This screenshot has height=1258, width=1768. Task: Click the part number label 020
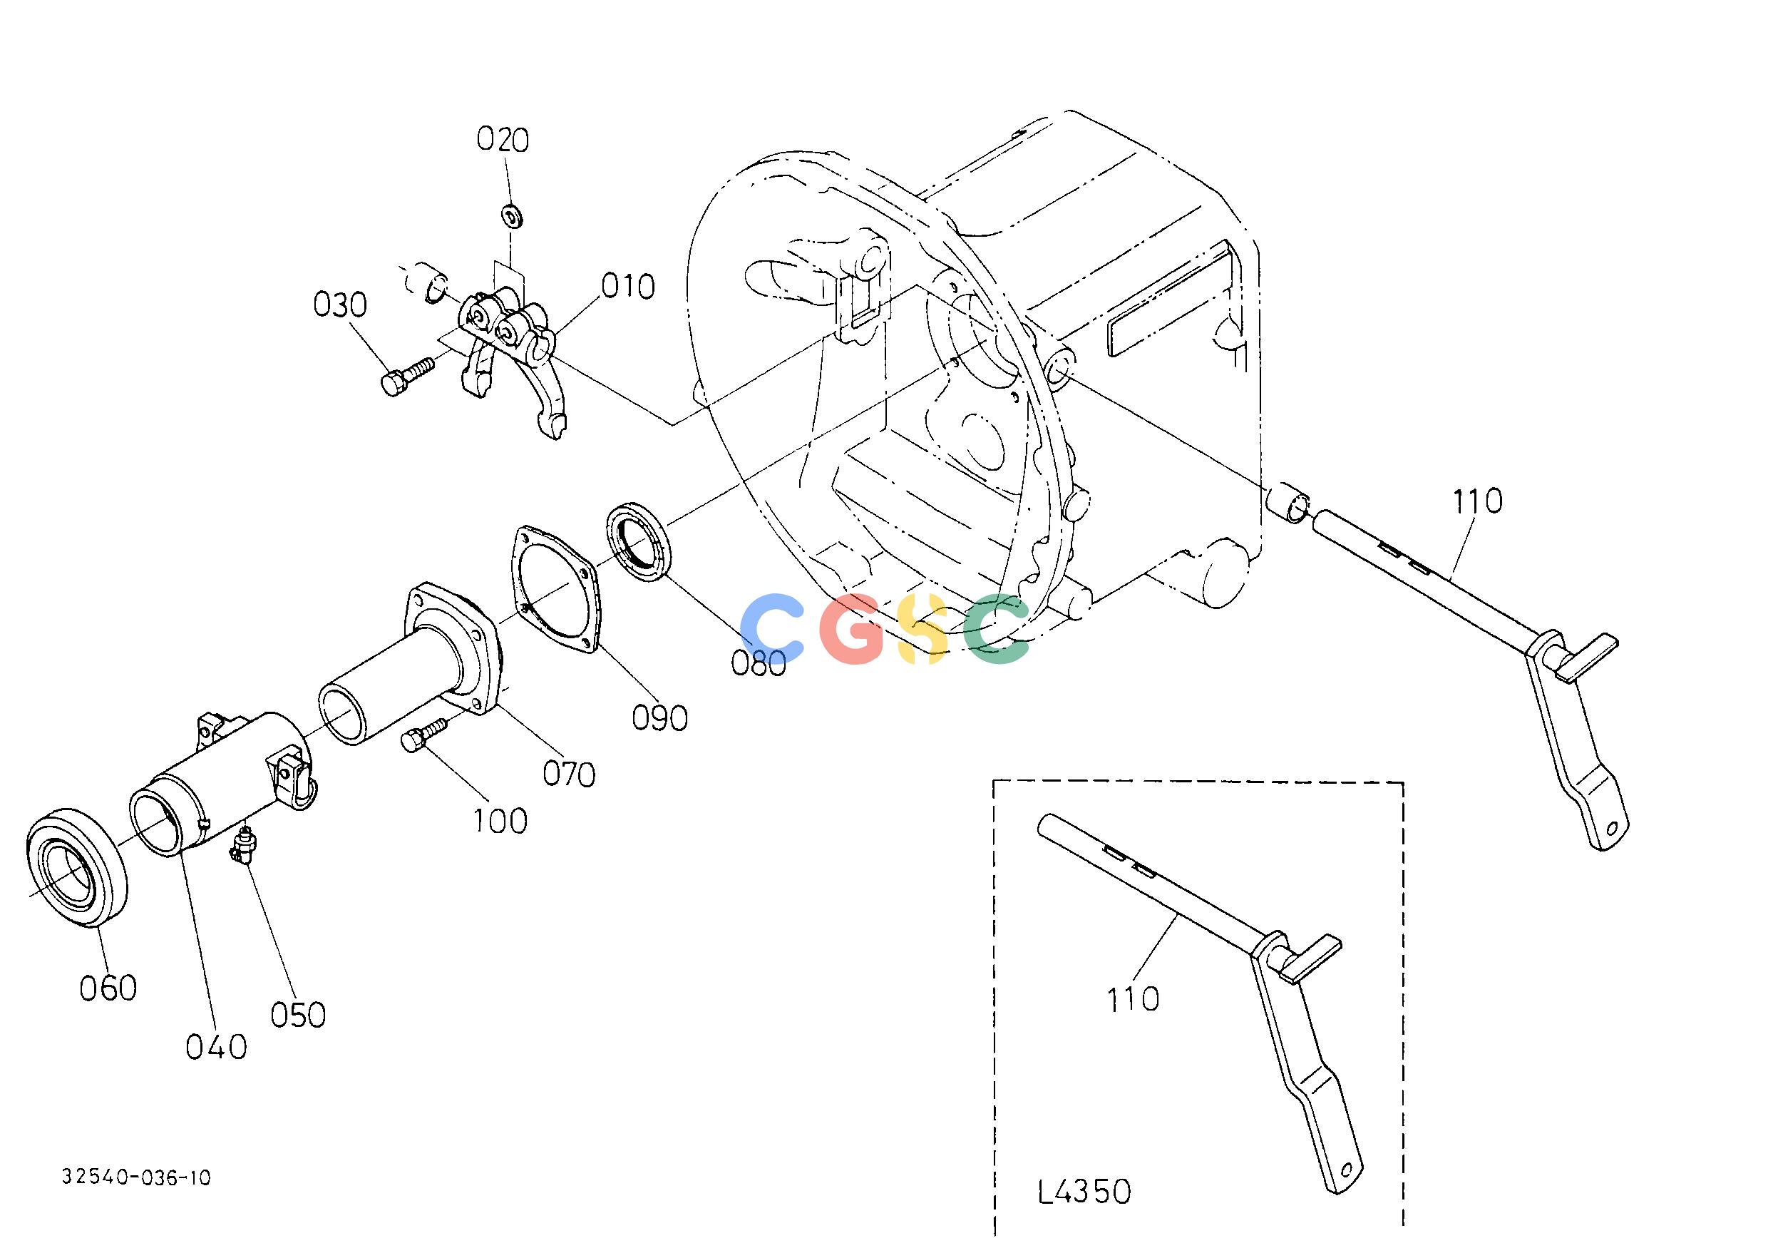[x=503, y=140]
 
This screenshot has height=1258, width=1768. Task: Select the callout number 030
[x=340, y=305]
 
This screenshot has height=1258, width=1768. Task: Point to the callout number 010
[x=628, y=287]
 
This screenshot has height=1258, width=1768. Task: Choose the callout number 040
[x=216, y=1048]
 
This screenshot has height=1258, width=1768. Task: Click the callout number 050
[x=298, y=1015]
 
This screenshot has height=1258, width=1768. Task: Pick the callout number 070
[x=568, y=774]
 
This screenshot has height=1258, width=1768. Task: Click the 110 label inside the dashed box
[x=1133, y=1000]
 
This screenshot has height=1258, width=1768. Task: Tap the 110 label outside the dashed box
[x=1478, y=502]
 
